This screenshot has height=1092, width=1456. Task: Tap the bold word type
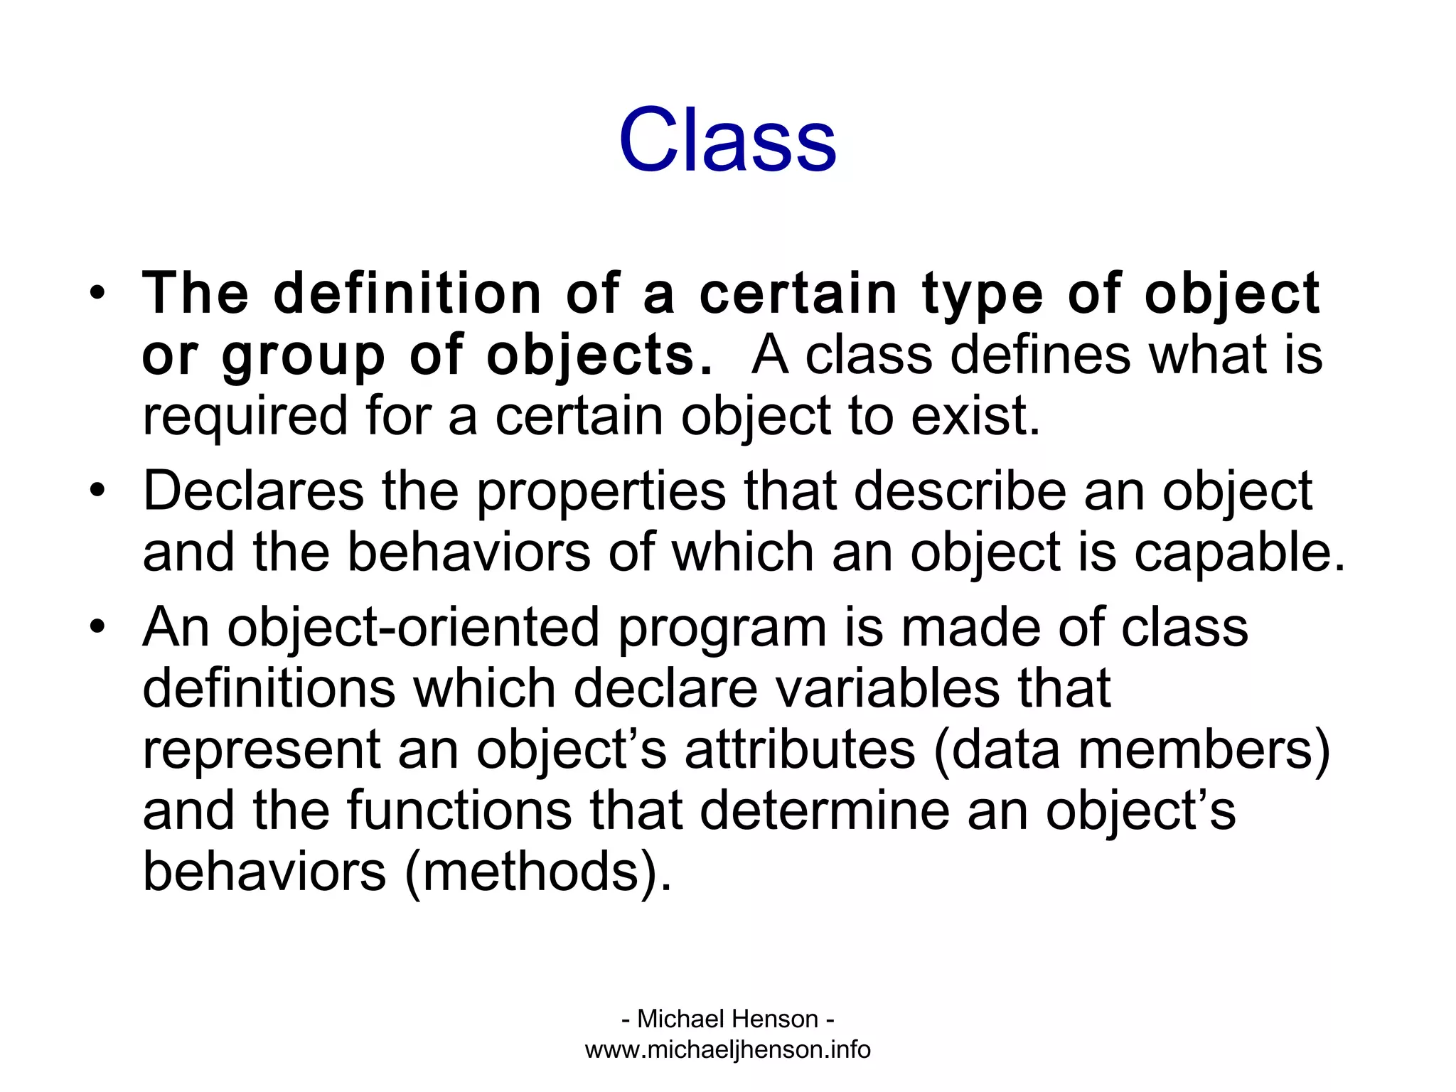(x=982, y=295)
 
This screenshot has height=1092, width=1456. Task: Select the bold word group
(x=303, y=355)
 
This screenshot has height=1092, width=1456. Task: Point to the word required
(x=244, y=417)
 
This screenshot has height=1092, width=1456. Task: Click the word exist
(x=975, y=416)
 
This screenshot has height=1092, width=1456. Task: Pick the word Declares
(x=253, y=491)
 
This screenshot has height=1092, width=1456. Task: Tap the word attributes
(x=800, y=750)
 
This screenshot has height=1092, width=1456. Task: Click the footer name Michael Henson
(x=727, y=1019)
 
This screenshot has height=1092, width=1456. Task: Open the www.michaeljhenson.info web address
(x=727, y=1050)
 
